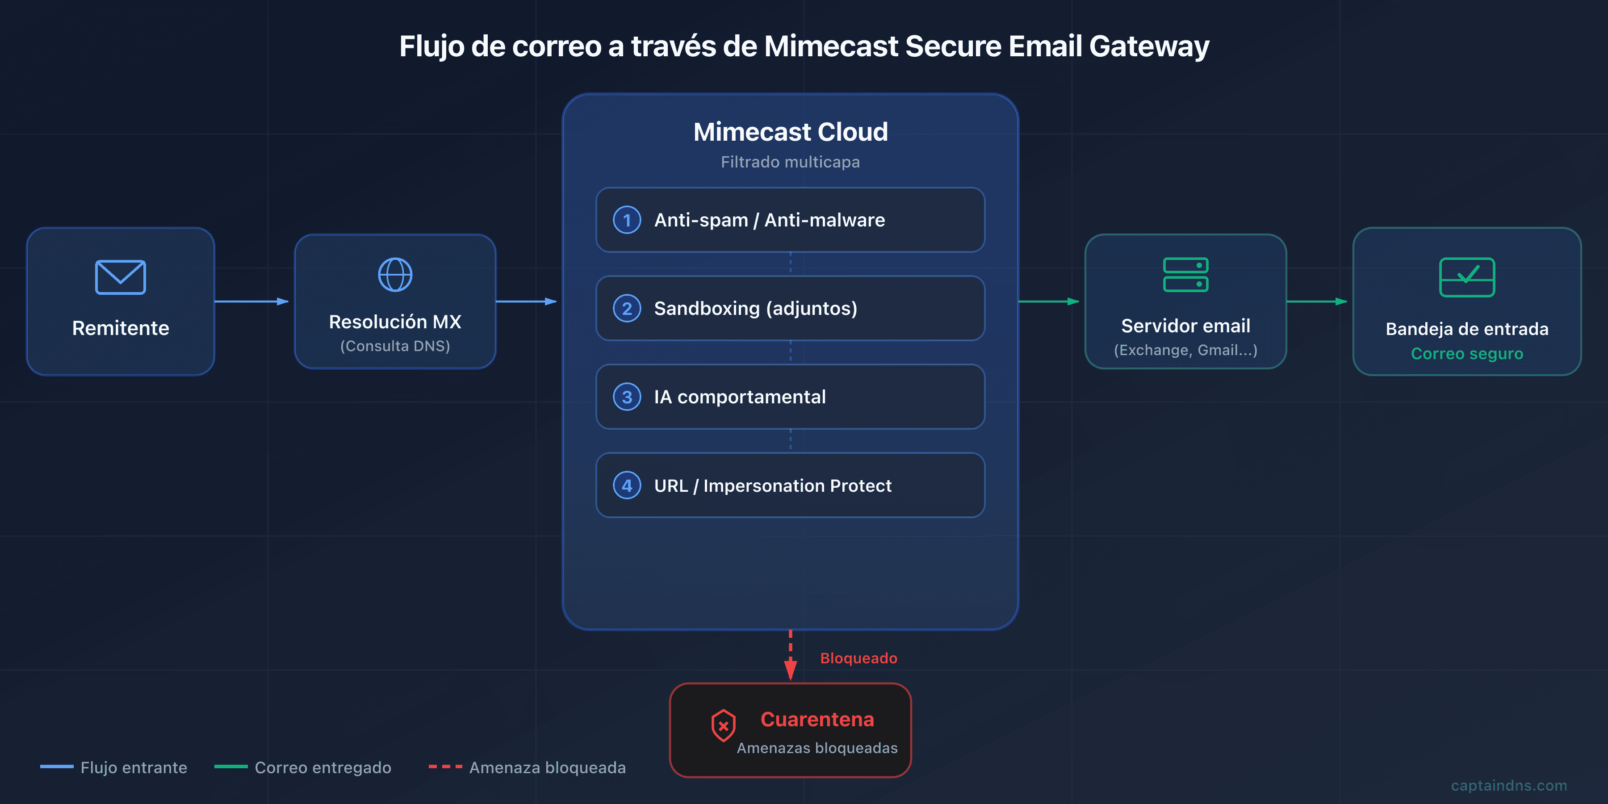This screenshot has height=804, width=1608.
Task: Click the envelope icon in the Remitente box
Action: [121, 277]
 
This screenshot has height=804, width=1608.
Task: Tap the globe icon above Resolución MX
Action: [395, 275]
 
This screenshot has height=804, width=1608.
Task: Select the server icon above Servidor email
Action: [1185, 275]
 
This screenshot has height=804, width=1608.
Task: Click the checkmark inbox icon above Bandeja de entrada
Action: [1467, 277]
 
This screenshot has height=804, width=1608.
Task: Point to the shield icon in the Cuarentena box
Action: [723, 725]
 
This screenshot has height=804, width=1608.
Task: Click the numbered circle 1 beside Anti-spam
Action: [627, 220]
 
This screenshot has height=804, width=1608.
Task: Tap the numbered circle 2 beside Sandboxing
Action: [627, 308]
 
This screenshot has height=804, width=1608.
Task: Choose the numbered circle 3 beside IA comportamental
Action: [627, 397]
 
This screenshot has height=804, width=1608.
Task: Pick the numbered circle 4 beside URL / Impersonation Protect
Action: [627, 486]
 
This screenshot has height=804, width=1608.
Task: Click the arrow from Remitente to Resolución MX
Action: [251, 301]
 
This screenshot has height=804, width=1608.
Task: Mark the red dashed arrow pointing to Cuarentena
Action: [790, 655]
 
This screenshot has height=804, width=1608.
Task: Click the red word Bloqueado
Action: [858, 658]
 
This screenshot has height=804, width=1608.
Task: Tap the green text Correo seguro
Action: [1467, 354]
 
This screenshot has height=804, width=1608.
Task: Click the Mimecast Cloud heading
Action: [790, 132]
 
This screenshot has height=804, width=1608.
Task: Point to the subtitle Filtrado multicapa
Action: [790, 162]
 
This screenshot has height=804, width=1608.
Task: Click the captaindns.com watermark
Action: [1509, 785]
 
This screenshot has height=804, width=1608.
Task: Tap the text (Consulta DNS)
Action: [395, 346]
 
